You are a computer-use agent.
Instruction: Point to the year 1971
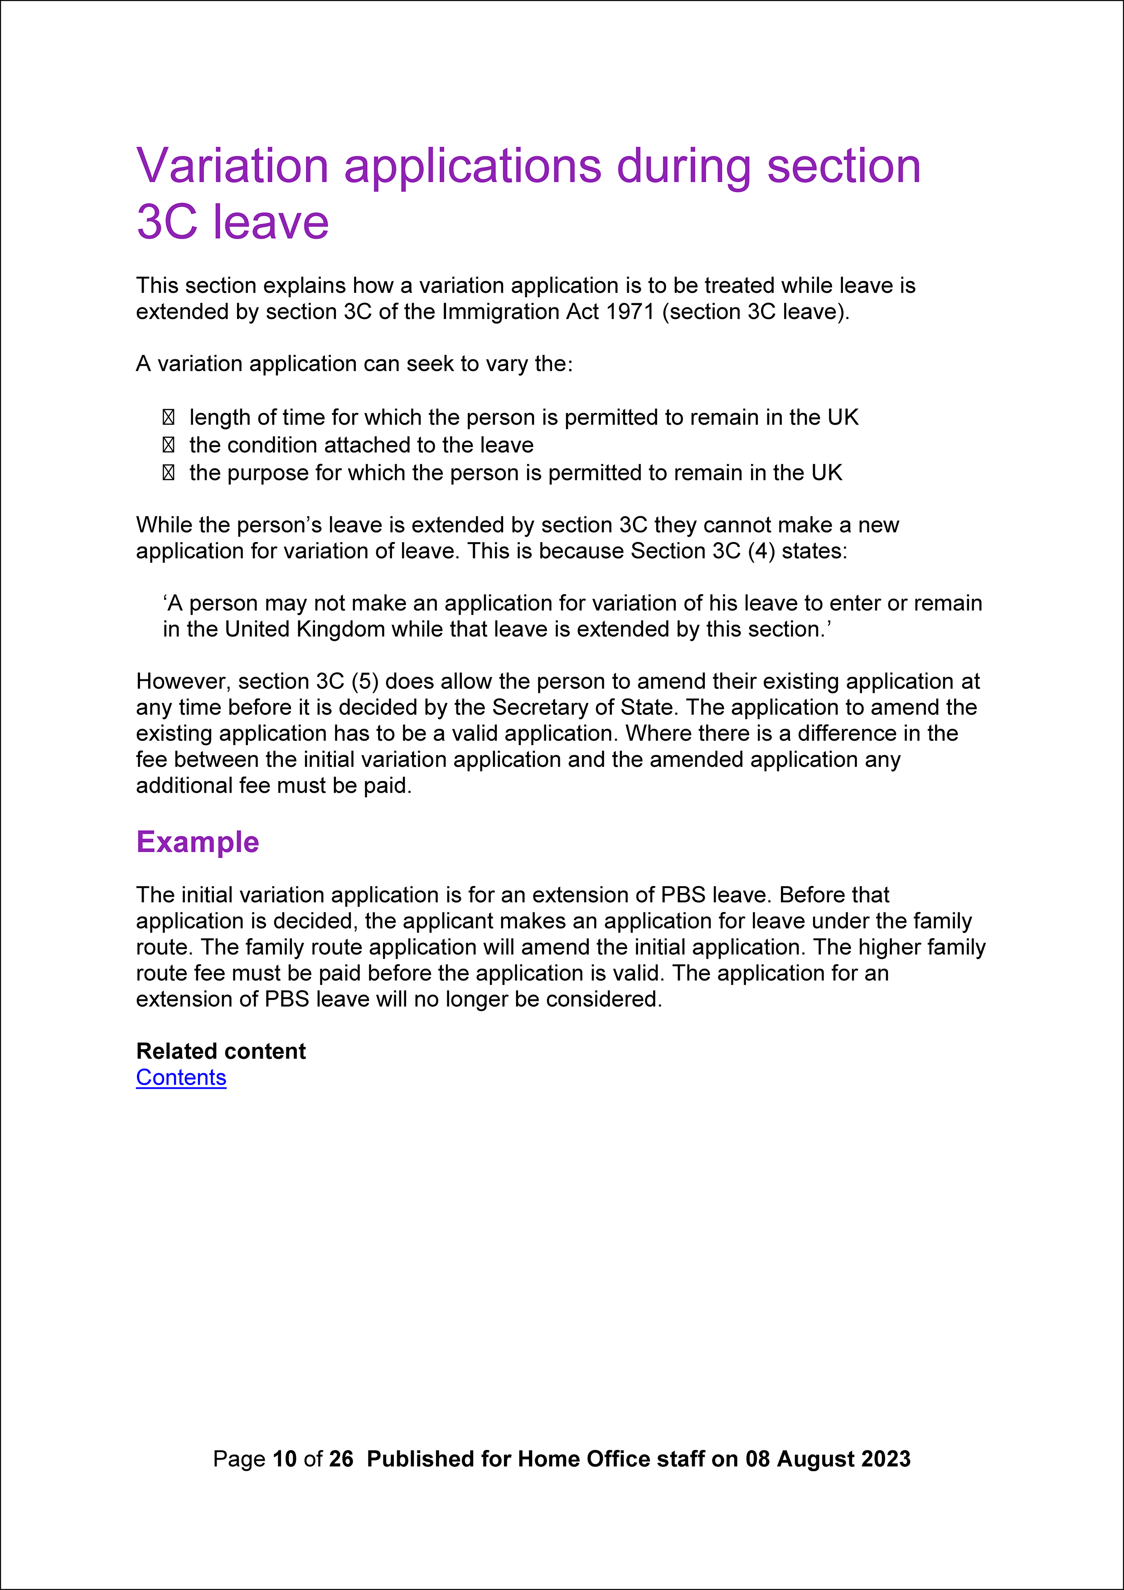pos(630,312)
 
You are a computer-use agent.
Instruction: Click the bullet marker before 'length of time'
pos(168,417)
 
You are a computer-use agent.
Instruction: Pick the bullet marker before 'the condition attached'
pos(168,445)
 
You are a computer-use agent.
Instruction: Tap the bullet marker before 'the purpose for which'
pos(168,473)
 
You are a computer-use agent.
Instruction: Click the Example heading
pos(197,842)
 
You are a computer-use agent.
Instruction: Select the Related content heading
pos(221,1051)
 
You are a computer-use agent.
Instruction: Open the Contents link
pos(181,1077)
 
